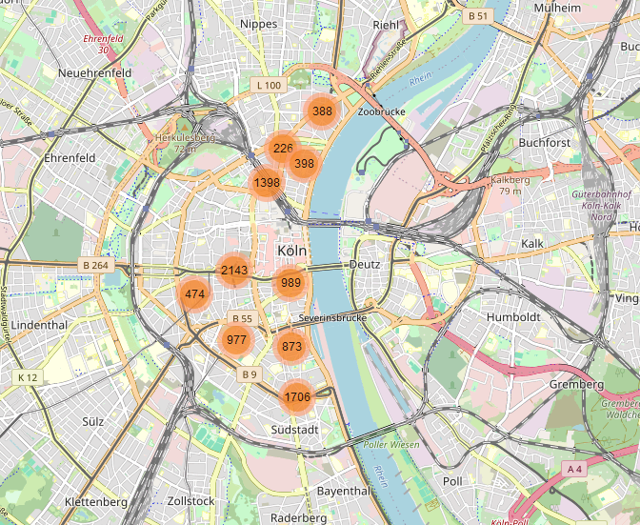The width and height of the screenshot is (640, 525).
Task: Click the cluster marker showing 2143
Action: (233, 271)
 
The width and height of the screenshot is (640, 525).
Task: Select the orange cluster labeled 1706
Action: (297, 397)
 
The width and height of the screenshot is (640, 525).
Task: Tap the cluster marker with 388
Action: (322, 111)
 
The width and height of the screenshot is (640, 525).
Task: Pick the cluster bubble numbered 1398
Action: (267, 183)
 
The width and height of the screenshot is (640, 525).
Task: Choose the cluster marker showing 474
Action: (195, 294)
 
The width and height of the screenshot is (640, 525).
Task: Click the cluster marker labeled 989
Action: (290, 282)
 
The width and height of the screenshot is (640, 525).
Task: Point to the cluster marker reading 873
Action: (291, 348)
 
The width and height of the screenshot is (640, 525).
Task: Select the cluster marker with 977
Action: (236, 340)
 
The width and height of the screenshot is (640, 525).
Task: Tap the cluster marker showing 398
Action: (304, 164)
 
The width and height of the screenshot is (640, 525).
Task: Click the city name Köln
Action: (293, 251)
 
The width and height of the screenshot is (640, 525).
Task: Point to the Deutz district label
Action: (364, 264)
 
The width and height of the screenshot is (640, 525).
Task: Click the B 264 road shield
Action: (96, 266)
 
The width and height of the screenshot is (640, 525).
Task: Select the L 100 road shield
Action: (269, 86)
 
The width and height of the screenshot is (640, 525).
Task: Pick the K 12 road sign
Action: (28, 377)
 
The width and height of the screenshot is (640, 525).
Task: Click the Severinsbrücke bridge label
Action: (332, 316)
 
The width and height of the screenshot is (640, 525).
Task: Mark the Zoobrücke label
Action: (382, 111)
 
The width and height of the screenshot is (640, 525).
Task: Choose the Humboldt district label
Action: (513, 316)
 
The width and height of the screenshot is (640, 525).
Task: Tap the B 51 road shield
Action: (478, 16)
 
